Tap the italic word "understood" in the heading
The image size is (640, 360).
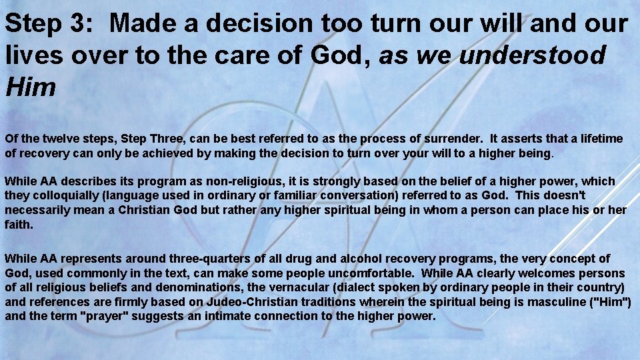click(x=532, y=55)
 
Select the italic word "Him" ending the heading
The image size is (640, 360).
click(x=30, y=87)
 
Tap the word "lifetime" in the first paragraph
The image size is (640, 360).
click(x=600, y=139)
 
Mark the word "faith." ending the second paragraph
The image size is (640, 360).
click(x=19, y=225)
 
